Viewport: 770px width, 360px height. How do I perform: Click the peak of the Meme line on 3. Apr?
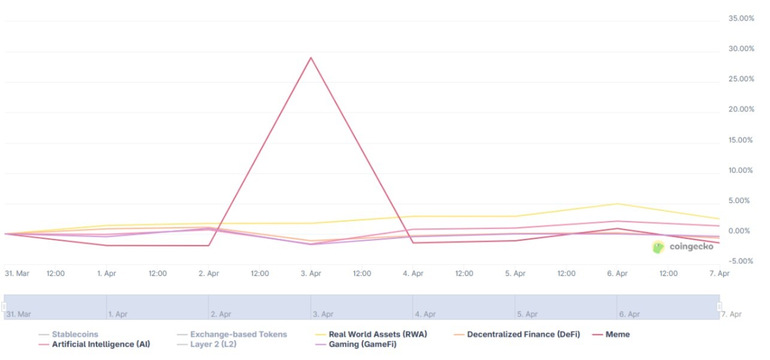click(310, 58)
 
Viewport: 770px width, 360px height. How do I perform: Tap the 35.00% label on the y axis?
click(741, 19)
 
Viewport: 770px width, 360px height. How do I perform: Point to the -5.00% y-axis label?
click(741, 261)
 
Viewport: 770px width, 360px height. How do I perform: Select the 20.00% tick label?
click(741, 110)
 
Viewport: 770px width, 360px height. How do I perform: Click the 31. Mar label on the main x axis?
click(17, 273)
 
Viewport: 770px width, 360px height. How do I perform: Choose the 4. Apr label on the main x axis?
click(413, 273)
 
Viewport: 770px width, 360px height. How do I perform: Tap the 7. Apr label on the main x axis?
click(720, 273)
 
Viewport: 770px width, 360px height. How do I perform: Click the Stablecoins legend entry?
click(74, 334)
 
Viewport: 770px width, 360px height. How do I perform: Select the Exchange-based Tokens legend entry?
click(238, 334)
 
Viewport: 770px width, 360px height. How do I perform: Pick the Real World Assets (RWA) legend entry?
click(377, 334)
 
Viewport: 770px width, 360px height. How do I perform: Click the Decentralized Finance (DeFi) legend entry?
click(523, 334)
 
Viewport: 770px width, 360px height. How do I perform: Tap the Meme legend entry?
click(617, 334)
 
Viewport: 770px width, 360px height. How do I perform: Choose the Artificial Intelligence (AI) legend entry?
click(101, 344)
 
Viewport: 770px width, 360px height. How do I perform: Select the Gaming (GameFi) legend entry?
click(362, 344)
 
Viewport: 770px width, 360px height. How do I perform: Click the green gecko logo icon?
click(658, 247)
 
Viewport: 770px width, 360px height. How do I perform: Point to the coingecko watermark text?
click(692, 247)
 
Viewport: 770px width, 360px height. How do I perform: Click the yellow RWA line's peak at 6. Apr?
click(617, 204)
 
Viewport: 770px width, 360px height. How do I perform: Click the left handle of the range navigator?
click(4, 307)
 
